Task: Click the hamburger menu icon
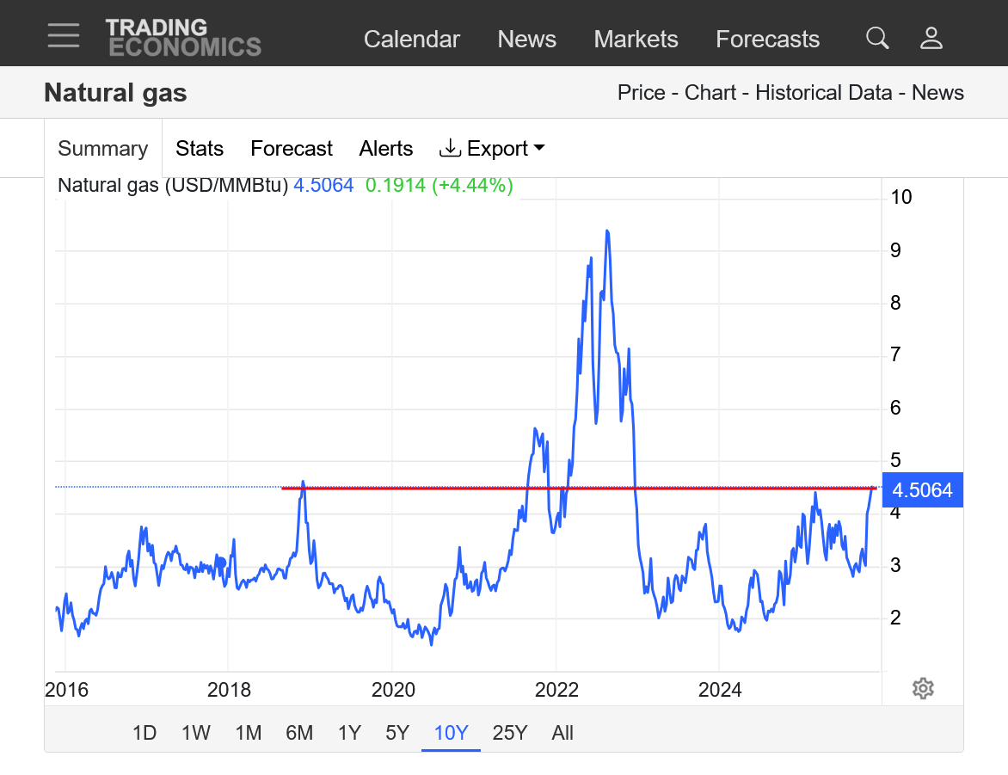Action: [x=64, y=36]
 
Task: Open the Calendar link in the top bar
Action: [x=411, y=40]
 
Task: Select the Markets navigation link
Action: [x=636, y=40]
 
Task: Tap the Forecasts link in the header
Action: [x=767, y=40]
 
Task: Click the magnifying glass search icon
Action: [x=876, y=38]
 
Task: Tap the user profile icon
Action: [x=931, y=38]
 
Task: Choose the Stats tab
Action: [x=200, y=149]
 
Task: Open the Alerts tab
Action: [x=385, y=149]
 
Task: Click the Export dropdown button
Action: [x=492, y=149]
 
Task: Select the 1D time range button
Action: [x=144, y=733]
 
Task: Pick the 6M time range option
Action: [x=299, y=733]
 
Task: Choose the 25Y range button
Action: [x=509, y=733]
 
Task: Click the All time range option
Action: [x=562, y=733]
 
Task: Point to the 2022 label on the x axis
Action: [x=556, y=689]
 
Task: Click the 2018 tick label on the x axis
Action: [x=229, y=689]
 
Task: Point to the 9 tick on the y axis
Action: [x=895, y=250]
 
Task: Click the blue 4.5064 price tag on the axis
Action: [x=922, y=490]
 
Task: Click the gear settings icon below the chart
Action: [x=923, y=688]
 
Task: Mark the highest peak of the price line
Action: [x=607, y=231]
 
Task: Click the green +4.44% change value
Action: [x=471, y=185]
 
